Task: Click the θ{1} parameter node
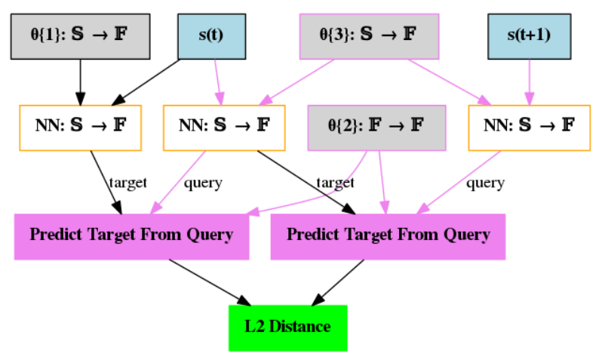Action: click(79, 36)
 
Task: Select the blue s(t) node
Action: click(211, 36)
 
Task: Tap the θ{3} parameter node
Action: click(368, 36)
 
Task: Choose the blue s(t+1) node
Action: click(528, 36)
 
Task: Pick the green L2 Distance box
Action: click(287, 327)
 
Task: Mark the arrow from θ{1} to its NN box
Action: click(79, 82)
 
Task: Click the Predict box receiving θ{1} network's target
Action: click(131, 235)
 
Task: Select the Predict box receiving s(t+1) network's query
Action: click(388, 235)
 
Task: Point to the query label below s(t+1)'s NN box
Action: click(484, 182)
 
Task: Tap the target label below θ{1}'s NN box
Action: click(127, 182)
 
